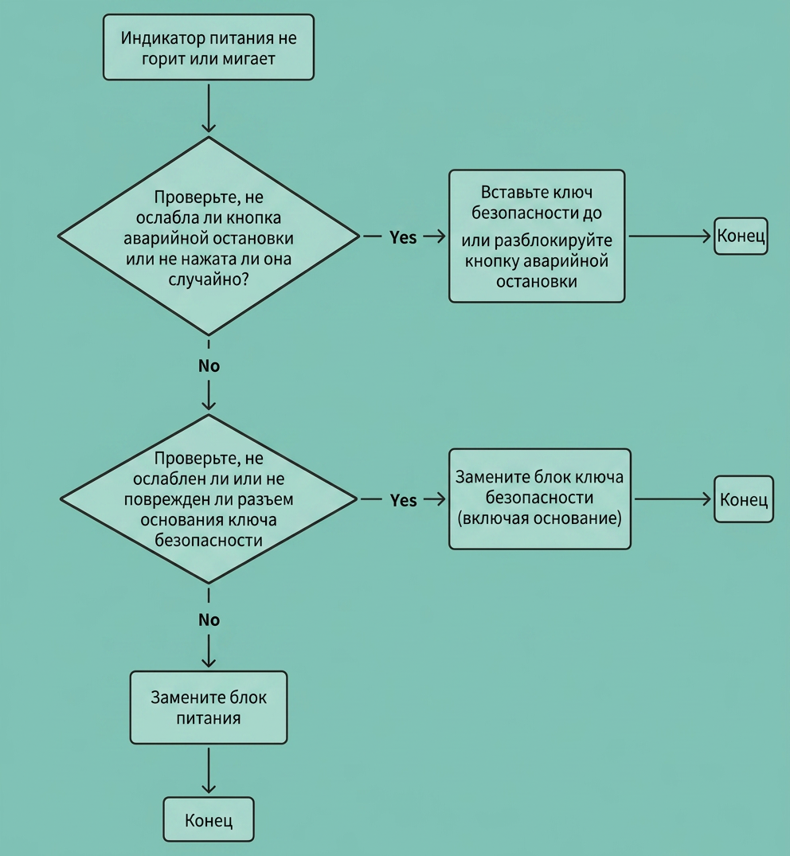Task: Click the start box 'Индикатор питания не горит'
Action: [x=209, y=48]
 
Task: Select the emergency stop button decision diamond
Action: [x=209, y=236]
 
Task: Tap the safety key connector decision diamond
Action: [x=209, y=499]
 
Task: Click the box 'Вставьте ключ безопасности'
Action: [x=537, y=236]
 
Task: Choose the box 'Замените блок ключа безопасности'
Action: [x=539, y=499]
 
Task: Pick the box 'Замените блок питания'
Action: [x=209, y=708]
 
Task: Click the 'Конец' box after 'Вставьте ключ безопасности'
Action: [x=741, y=236]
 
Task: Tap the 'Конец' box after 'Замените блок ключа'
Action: [x=744, y=499]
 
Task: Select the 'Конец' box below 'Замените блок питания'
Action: [x=209, y=819]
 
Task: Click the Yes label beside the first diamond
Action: [x=403, y=237]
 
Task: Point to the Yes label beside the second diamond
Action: [x=404, y=501]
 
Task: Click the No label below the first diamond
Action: [x=209, y=365]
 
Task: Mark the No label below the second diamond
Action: [x=209, y=620]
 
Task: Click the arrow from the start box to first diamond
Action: [x=209, y=108]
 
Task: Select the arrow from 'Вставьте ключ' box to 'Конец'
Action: [x=670, y=236]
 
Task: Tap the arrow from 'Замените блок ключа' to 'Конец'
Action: [x=673, y=499]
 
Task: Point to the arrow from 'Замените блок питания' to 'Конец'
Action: [x=209, y=771]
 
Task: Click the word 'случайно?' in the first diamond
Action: [x=209, y=279]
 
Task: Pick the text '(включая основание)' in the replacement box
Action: [x=539, y=518]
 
